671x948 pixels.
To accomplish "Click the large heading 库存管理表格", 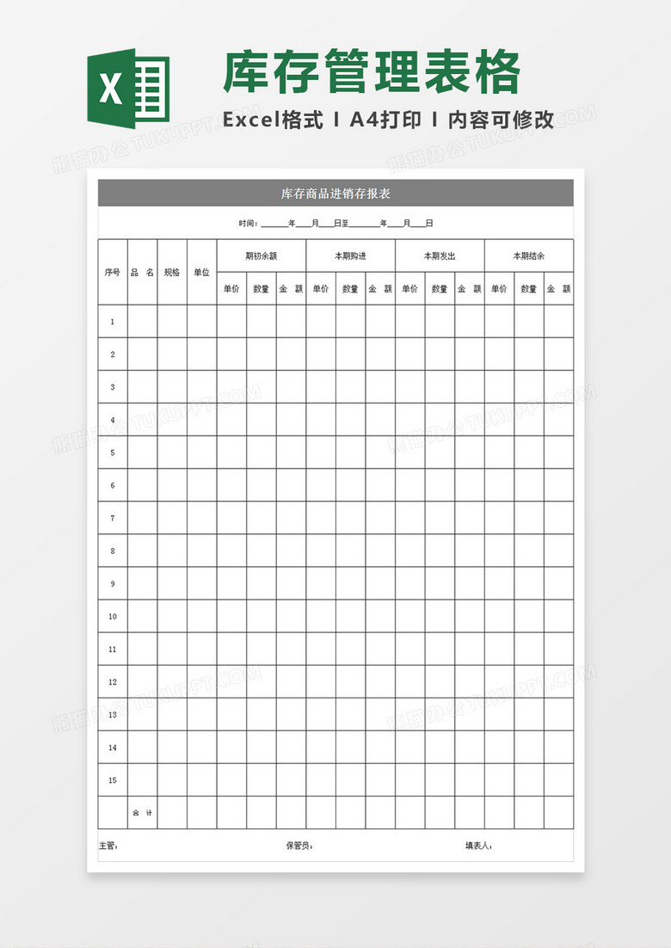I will point(372,72).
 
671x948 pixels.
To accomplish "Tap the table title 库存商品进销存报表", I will point(335,194).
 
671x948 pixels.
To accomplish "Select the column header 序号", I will point(112,273).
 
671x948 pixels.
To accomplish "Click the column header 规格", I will point(172,273).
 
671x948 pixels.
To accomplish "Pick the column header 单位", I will point(201,273).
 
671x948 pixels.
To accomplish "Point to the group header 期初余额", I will point(261,255).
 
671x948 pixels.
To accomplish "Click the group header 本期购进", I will point(350,255).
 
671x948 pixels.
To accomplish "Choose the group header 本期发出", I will point(440,255).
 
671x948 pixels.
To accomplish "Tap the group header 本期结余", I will point(528,255).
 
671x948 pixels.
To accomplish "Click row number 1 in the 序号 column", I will point(112,322).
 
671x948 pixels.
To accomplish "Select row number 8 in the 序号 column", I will point(112,551).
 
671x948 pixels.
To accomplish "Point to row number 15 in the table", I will point(112,780).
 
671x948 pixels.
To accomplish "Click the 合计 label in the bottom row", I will point(142,813).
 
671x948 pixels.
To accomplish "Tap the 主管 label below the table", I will point(108,846).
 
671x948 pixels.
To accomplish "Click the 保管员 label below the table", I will point(299,846).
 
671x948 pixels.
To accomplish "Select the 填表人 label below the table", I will point(477,846).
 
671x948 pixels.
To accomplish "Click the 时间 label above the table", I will point(248,224).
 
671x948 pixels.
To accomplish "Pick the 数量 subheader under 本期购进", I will point(350,289).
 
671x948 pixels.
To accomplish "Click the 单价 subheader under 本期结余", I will point(499,289).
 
